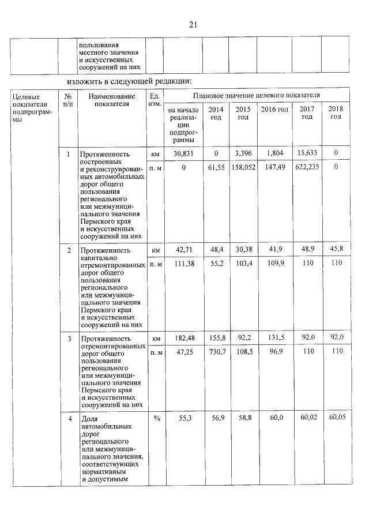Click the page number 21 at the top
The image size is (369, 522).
coord(193,24)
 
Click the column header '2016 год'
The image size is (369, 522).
coord(274,110)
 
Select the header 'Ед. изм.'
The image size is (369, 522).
coord(155,100)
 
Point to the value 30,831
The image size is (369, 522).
coord(183,154)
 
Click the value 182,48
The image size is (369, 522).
coord(183,337)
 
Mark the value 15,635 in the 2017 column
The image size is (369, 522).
coord(306,154)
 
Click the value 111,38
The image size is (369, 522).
coord(183,262)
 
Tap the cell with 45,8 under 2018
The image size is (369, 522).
coord(336,250)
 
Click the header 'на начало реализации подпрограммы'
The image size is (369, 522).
coord(183,124)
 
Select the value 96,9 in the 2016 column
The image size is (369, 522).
coord(274,351)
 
